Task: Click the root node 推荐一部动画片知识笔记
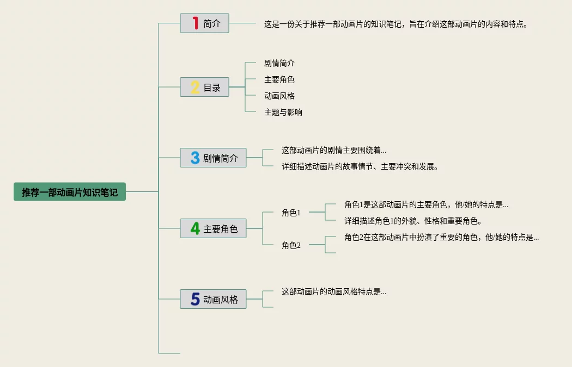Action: point(70,192)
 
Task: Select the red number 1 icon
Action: point(195,23)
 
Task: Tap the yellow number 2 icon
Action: point(195,87)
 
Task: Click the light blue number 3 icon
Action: point(195,158)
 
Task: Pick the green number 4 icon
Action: point(195,229)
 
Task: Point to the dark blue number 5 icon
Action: point(195,299)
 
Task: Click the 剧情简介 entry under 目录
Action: point(279,63)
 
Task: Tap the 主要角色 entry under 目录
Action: point(279,79)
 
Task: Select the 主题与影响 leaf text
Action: point(283,112)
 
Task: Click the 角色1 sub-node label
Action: point(291,213)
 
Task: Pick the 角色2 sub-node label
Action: point(291,245)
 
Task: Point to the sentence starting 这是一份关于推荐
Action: point(396,24)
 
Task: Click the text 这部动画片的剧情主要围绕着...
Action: point(334,150)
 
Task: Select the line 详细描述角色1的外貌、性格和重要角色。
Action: point(413,221)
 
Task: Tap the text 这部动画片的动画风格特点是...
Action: point(334,291)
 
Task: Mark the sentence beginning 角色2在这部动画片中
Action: point(441,237)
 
